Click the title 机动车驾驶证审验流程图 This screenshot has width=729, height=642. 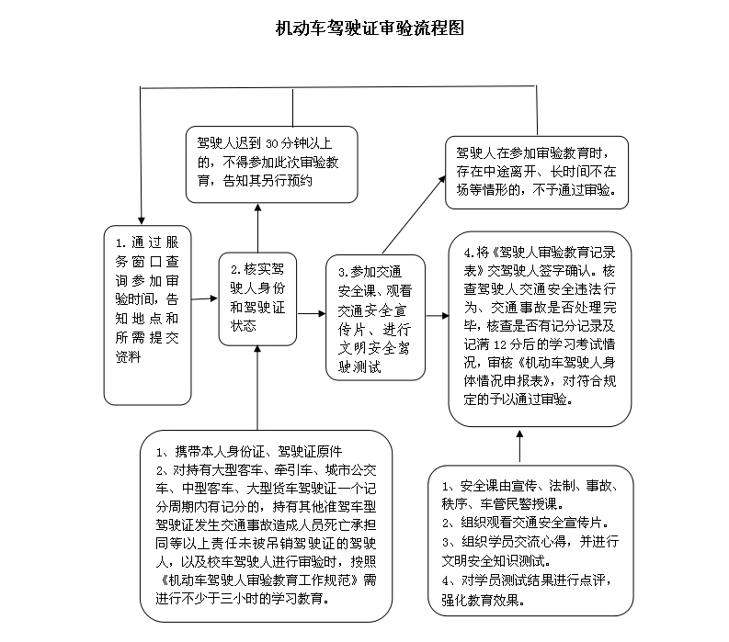point(370,28)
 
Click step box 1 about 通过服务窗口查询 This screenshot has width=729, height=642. point(147,315)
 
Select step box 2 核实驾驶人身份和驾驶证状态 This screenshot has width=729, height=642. point(257,299)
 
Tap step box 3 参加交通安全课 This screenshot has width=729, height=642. point(375,318)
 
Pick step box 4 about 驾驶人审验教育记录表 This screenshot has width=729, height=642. point(540,329)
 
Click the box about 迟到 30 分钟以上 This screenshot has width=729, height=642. point(271,164)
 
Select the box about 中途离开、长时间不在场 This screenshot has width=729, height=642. point(537,173)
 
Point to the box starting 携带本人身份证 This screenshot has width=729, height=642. point(266,526)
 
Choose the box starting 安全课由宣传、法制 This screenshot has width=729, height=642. point(530,541)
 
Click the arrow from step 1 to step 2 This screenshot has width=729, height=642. point(205,298)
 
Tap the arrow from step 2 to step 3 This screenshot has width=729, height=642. point(311,313)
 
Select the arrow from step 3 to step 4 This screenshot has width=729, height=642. point(438,316)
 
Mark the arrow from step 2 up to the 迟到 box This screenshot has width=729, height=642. point(257,228)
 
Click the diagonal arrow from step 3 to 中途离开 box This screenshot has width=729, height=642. point(414,215)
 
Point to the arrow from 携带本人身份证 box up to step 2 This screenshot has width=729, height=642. point(257,388)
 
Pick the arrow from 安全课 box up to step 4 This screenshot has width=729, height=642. point(519,446)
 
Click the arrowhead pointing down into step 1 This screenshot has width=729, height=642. point(142,220)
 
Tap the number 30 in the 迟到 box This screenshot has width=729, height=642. point(271,144)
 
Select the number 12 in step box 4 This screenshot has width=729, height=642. point(500,344)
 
